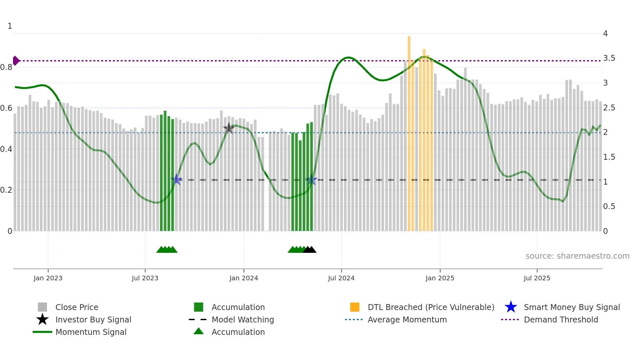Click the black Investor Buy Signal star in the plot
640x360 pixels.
[x=229, y=128]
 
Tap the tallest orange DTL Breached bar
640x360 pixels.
[x=409, y=131]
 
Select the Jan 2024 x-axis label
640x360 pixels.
[x=244, y=278]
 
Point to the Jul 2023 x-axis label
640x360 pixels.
[x=145, y=278]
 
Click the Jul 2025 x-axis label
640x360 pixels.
[x=537, y=278]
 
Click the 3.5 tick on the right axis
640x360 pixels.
[x=609, y=58]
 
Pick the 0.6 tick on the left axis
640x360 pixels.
[x=7, y=108]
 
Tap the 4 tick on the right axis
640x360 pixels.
[x=605, y=34]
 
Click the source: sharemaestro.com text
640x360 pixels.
[x=577, y=256]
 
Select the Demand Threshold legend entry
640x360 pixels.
[x=561, y=319]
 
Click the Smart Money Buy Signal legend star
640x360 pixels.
[x=511, y=307]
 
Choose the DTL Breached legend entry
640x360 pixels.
[x=431, y=307]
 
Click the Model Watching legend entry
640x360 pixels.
[x=242, y=319]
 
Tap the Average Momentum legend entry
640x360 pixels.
[x=407, y=319]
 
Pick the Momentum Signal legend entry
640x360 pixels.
[x=91, y=332]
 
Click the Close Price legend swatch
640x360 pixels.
[x=42, y=307]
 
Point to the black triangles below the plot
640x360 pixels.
[x=310, y=250]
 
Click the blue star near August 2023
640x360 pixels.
[x=177, y=179]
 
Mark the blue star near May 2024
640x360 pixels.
[x=312, y=180]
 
